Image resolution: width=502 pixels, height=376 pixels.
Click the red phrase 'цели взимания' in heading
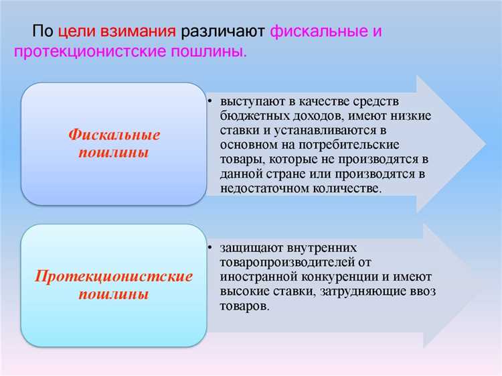tap(117, 32)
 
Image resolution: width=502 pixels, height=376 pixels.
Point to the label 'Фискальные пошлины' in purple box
tap(114, 143)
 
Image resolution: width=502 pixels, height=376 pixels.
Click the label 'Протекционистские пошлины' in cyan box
tap(114, 285)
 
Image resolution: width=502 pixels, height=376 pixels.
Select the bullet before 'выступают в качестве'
tap(210, 101)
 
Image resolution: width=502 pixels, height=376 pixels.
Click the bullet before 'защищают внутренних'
tap(210, 248)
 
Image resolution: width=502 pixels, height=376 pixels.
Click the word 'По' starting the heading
tap(42, 32)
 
